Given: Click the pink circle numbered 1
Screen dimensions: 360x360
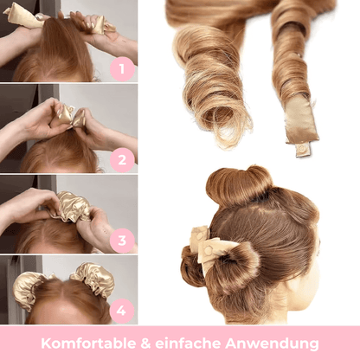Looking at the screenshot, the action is [122, 69].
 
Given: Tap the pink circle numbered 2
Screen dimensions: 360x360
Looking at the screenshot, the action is [122, 160].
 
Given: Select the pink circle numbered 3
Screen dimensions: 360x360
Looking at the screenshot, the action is [122, 241].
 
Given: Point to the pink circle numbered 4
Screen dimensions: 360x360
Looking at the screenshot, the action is [121, 311].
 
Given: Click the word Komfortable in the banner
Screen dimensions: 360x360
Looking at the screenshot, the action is [88, 344].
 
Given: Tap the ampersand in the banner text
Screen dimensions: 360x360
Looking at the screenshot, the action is [145, 344].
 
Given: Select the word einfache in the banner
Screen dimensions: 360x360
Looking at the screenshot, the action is [188, 344].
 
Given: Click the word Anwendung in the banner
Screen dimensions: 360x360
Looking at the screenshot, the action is [272, 344].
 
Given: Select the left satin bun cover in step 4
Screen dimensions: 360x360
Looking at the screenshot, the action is [28, 287].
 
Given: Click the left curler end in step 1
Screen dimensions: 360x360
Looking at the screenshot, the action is [23, 17].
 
